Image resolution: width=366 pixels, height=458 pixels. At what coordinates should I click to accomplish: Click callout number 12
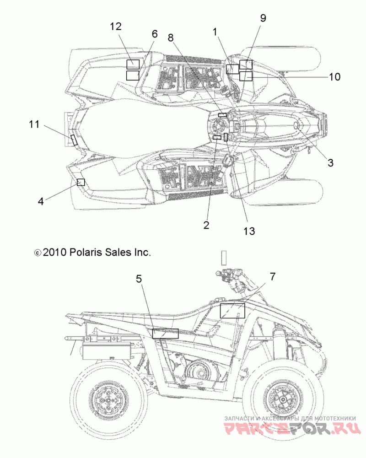(116, 26)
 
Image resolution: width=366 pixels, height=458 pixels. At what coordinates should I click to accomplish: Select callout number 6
(155, 34)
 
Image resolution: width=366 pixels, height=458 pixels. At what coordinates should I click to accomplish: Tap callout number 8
(171, 38)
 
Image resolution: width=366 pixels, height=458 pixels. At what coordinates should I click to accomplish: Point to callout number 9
(263, 18)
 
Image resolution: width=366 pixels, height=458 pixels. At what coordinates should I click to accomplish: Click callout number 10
(335, 77)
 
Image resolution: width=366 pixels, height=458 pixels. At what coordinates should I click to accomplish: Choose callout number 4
(41, 201)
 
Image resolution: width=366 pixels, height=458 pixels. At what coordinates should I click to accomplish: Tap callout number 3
(330, 163)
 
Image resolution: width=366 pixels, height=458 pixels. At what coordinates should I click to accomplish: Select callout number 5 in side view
(139, 279)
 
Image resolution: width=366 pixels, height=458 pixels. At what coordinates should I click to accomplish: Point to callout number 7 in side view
(272, 276)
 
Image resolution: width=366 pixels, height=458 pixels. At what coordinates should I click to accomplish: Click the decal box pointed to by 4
(81, 182)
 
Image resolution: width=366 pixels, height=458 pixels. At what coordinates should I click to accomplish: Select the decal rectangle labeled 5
(165, 334)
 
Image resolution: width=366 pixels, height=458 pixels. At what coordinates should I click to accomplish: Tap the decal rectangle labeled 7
(232, 311)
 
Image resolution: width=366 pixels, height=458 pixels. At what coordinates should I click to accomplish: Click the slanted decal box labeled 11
(74, 140)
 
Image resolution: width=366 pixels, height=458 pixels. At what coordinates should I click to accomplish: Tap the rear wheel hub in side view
(108, 399)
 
